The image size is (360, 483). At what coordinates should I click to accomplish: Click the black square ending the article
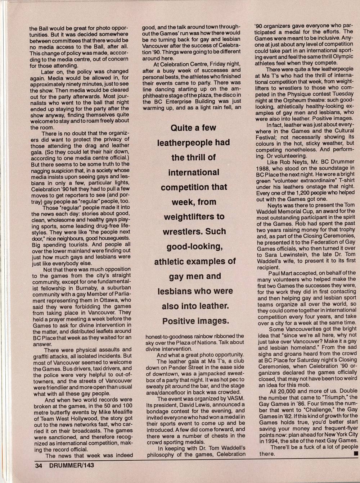356,454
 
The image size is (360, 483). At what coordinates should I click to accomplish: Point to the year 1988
265,168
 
